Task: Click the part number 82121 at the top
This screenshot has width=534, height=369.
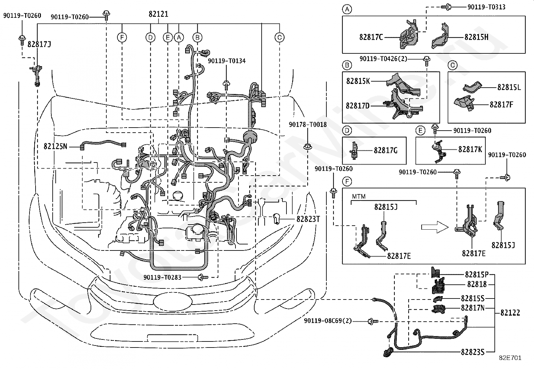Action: click(158, 14)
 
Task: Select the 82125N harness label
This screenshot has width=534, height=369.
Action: click(55, 146)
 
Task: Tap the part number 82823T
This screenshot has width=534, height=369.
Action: click(308, 219)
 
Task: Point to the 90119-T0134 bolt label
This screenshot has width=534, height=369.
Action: click(226, 61)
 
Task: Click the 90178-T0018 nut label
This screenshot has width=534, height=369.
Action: click(308, 124)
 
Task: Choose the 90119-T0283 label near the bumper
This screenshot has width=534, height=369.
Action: click(162, 277)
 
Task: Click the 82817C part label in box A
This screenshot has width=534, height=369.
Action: click(371, 37)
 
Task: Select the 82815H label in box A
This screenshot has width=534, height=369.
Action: click(476, 37)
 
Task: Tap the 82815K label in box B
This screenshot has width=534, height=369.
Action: click(358, 81)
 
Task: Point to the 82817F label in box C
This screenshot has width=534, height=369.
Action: click(501, 104)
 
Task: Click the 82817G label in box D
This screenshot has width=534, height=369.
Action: click(385, 150)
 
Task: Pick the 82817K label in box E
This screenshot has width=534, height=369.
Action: click(470, 149)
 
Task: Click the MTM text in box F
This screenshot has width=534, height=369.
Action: click(359, 196)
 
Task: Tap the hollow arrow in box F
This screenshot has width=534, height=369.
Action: click(435, 227)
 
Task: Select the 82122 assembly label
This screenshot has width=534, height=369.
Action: click(510, 313)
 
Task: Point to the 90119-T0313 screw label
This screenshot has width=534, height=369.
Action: click(486, 7)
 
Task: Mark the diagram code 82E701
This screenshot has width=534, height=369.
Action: click(510, 358)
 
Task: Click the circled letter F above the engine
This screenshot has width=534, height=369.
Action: click(122, 38)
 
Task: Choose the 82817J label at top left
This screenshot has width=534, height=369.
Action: click(39, 44)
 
